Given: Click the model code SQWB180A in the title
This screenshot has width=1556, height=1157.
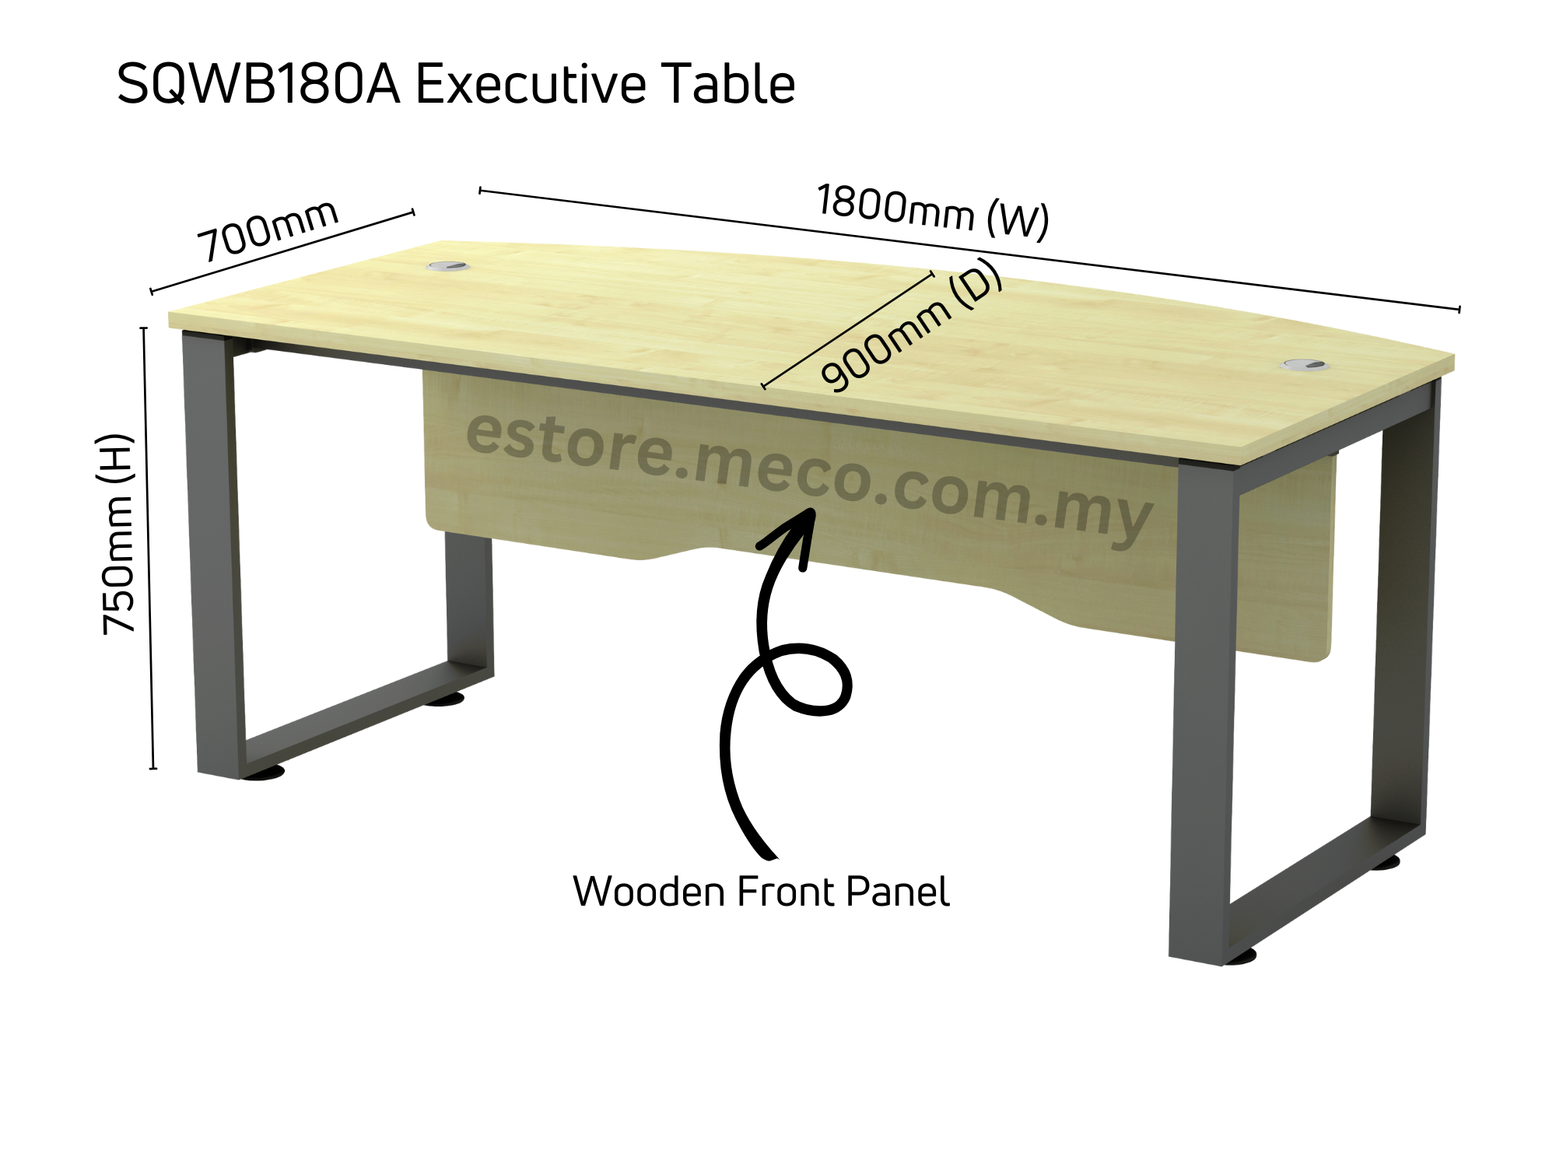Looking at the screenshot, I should click(258, 85).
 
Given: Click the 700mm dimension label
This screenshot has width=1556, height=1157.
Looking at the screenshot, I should click(268, 230).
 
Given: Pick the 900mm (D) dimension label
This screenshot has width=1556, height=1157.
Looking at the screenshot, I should click(912, 327).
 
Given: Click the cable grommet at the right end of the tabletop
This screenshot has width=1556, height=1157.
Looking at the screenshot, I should click(1304, 364).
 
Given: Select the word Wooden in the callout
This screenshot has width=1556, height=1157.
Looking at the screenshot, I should click(649, 892).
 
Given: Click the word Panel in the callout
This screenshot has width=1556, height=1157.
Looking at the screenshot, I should click(898, 892).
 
